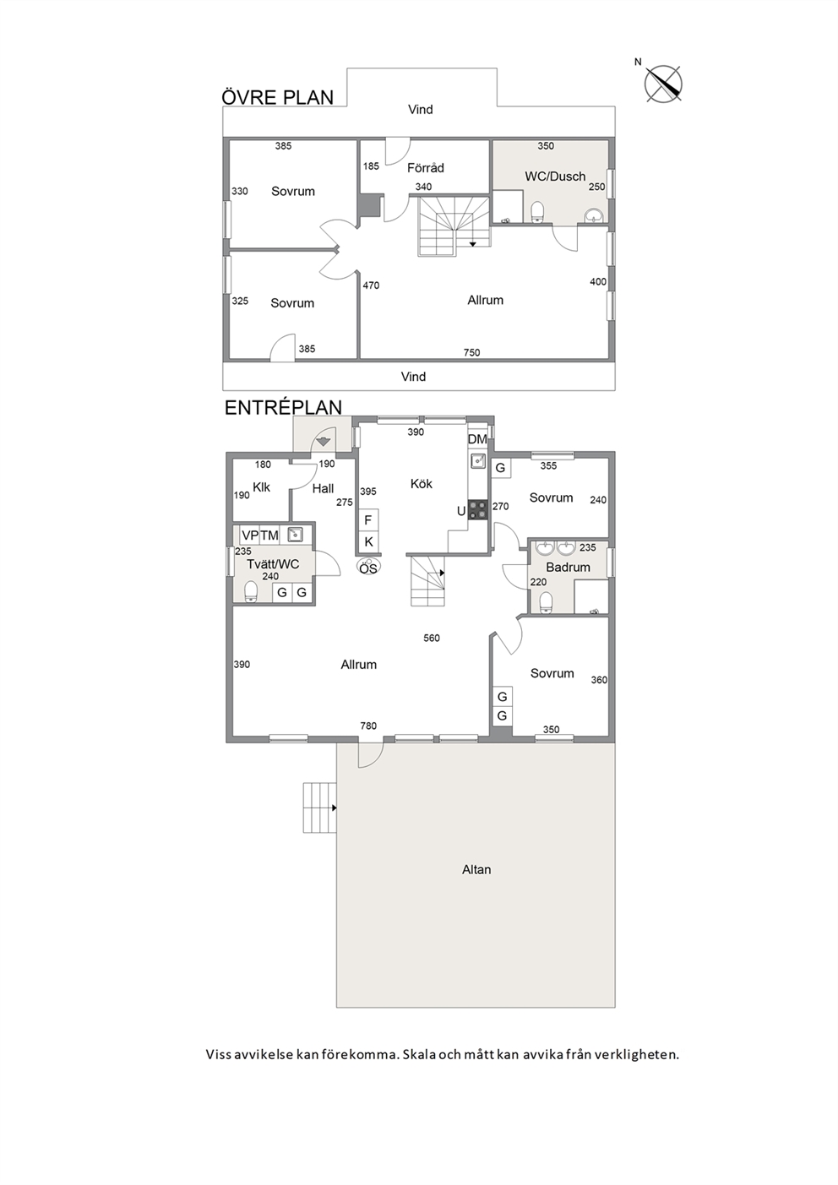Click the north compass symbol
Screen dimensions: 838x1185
pyautogui.click(x=663, y=84)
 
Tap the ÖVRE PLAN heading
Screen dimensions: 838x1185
pyautogui.click(x=278, y=98)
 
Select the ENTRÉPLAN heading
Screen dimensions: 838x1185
pyautogui.click(x=284, y=408)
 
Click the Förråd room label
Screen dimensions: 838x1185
pyautogui.click(x=426, y=168)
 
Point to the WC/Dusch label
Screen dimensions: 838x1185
pyautogui.click(x=555, y=177)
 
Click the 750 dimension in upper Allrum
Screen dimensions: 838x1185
pyautogui.click(x=471, y=353)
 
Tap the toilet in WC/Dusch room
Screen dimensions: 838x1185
pyautogui.click(x=537, y=212)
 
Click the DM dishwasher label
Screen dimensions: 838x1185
pyautogui.click(x=477, y=439)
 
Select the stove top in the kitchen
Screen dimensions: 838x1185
pyautogui.click(x=478, y=509)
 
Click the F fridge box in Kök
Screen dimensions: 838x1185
pyautogui.click(x=368, y=520)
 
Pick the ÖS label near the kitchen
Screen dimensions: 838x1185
pyautogui.click(x=368, y=569)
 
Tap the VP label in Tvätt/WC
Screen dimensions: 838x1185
pyautogui.click(x=250, y=535)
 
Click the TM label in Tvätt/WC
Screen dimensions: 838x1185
pyautogui.click(x=269, y=535)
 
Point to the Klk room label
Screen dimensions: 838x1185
pyautogui.click(x=261, y=487)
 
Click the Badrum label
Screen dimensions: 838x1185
pyautogui.click(x=568, y=568)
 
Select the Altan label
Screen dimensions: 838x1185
pyautogui.click(x=476, y=870)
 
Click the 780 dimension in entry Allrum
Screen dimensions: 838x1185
pyautogui.click(x=368, y=726)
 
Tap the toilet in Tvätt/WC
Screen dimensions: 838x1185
pyautogui.click(x=250, y=592)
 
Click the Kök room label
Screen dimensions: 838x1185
pyautogui.click(x=422, y=484)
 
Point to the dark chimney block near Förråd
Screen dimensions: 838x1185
pyautogui.click(x=370, y=206)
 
